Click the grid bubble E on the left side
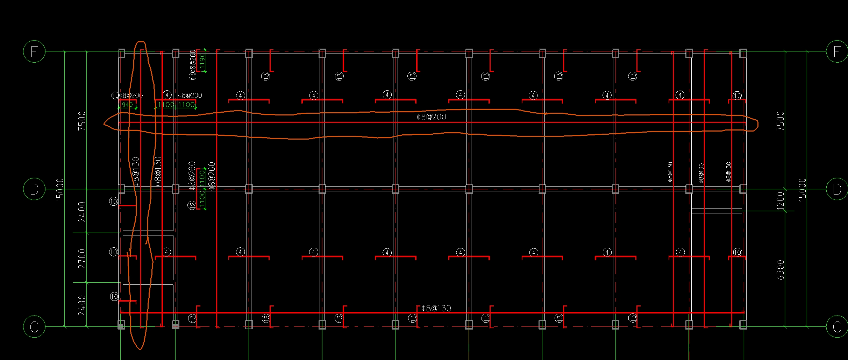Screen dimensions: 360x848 point(34,51)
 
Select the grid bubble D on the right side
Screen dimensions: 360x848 point(837,189)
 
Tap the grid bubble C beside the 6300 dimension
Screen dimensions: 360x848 point(837,327)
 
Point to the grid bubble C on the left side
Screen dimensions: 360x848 point(34,327)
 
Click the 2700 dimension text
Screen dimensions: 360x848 point(82,259)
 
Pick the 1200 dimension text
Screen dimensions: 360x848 point(780,201)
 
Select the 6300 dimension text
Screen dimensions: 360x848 point(780,270)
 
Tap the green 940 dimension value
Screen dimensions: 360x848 point(127,105)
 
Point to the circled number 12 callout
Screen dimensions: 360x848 point(192,205)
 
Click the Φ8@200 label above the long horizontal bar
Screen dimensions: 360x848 point(431,117)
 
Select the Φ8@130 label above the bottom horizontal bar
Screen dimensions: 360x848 point(436,308)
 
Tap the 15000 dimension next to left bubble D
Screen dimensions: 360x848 point(60,189)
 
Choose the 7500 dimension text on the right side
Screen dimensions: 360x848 point(780,121)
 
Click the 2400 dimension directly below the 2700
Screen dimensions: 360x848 point(82,305)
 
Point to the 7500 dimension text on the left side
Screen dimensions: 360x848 point(82,121)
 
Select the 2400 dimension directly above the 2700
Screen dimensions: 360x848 point(82,212)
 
